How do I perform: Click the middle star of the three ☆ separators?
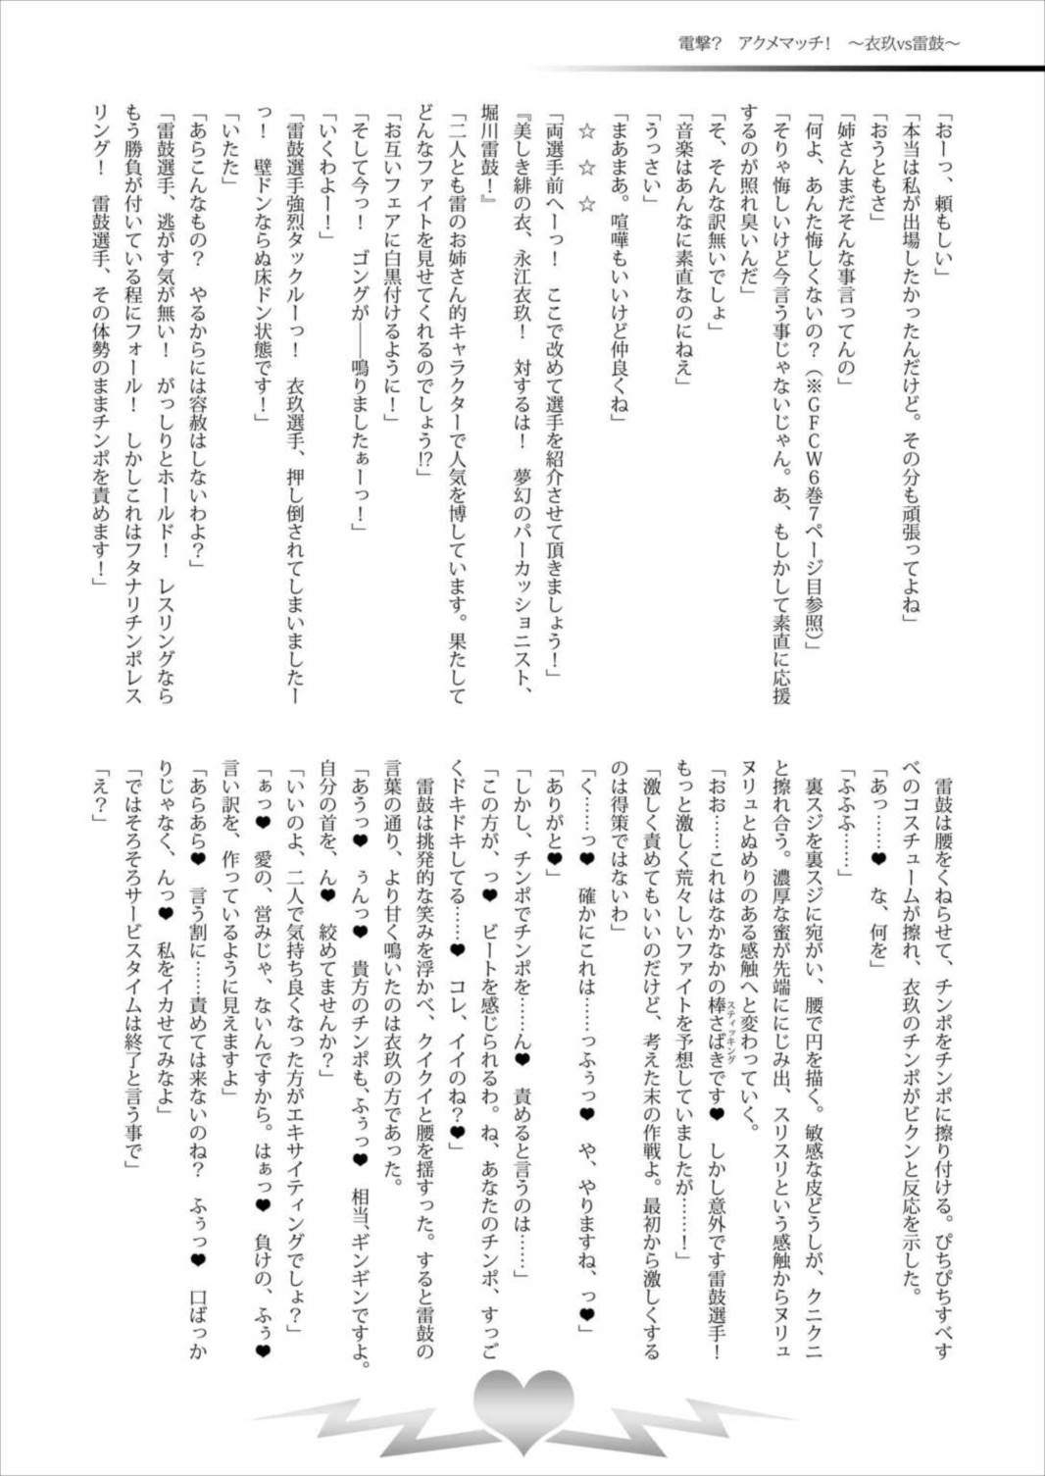tap(587, 167)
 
